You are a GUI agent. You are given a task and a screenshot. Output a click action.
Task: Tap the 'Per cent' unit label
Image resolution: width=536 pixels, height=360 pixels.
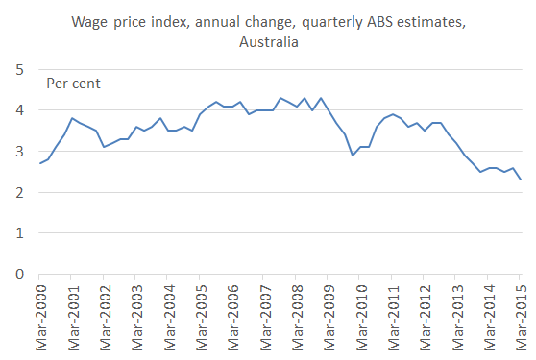(74, 83)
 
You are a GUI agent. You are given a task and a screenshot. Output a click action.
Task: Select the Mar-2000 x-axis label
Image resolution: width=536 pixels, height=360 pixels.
(39, 316)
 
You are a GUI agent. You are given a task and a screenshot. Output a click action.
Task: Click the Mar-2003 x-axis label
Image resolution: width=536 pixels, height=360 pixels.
(135, 316)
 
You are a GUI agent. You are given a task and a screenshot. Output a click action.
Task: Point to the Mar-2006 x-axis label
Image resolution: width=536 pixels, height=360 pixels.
(231, 316)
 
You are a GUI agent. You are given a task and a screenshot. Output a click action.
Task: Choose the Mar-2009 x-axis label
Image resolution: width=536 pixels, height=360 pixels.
(328, 316)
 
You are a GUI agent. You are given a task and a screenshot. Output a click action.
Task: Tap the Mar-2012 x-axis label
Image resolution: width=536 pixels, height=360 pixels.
(424, 316)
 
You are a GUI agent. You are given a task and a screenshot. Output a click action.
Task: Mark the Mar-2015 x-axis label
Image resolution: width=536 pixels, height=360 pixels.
(520, 316)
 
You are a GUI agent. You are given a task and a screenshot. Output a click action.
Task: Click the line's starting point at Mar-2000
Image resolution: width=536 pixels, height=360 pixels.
(39, 163)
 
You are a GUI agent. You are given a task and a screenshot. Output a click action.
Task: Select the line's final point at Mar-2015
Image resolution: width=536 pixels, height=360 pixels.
(520, 180)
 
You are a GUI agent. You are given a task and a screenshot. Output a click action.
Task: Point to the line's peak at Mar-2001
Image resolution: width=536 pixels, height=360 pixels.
(72, 118)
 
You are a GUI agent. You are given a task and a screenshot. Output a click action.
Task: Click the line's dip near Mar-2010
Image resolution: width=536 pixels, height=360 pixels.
(353, 156)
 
